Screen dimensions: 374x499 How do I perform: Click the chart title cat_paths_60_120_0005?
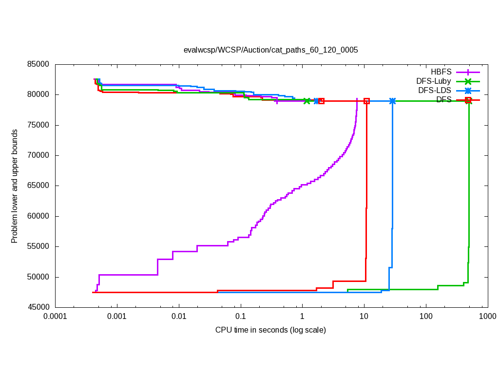point(270,50)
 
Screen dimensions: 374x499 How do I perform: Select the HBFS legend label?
point(441,72)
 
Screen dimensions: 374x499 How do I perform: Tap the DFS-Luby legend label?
point(434,81)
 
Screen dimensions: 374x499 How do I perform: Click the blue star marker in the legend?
point(468,91)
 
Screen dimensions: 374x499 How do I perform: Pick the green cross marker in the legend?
point(468,81)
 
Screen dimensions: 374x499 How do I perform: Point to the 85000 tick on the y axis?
point(39,64)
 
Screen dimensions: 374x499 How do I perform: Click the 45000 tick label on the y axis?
point(39,307)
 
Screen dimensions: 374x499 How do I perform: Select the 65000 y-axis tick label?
point(39,186)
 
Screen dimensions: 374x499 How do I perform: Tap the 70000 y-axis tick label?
point(39,155)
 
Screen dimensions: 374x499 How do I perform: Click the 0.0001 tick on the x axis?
point(55,316)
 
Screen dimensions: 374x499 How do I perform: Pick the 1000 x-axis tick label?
point(487,316)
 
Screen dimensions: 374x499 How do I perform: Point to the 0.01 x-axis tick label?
point(179,316)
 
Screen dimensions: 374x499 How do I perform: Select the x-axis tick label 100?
point(425,316)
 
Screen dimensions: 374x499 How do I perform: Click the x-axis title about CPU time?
point(270,330)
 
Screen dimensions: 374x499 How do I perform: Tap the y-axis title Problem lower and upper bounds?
point(15,186)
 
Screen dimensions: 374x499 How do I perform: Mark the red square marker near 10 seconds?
point(366,101)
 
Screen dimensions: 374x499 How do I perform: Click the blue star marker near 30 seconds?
point(392,101)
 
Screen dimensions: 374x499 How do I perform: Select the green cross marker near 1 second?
point(307,101)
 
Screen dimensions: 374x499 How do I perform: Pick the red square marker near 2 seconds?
point(321,101)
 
